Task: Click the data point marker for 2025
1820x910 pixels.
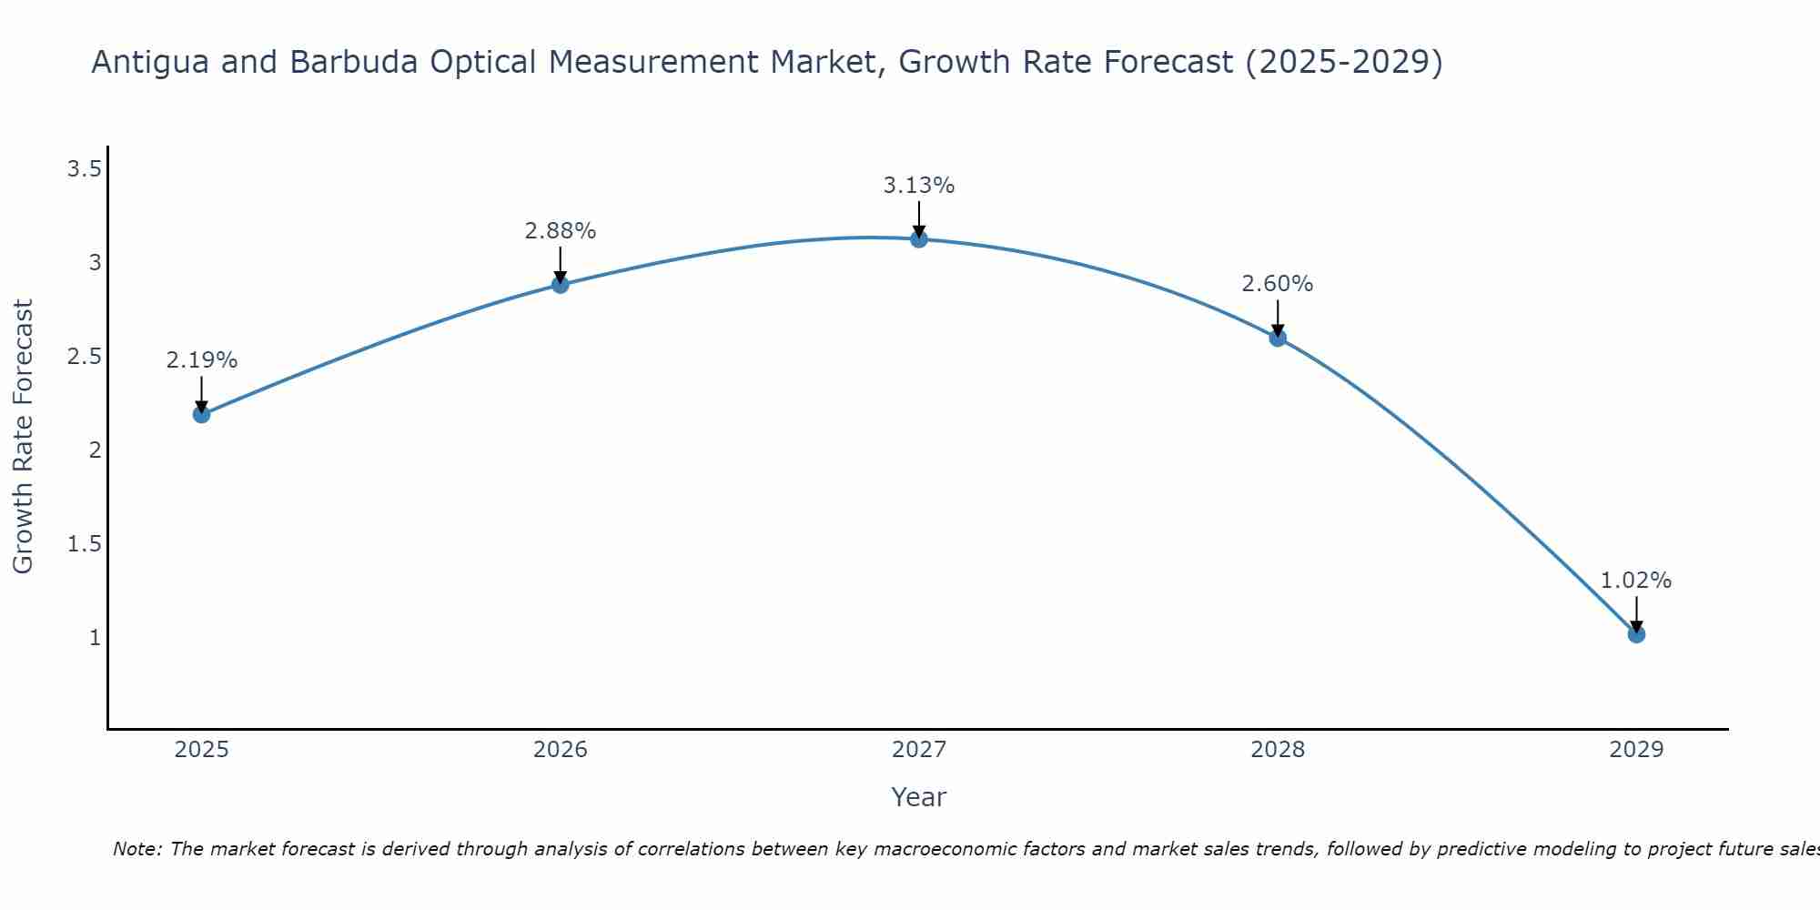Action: (x=202, y=415)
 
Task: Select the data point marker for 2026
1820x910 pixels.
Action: (x=561, y=285)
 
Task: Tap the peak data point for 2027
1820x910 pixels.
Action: (x=919, y=239)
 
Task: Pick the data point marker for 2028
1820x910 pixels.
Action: (x=1278, y=339)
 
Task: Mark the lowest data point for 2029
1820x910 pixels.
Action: (x=1636, y=634)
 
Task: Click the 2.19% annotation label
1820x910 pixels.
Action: (x=202, y=360)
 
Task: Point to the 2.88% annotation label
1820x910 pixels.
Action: (x=561, y=231)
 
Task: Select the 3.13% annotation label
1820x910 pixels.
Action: (x=919, y=186)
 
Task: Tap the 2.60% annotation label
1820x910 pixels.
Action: (x=1278, y=284)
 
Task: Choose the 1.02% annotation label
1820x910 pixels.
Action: (x=1636, y=581)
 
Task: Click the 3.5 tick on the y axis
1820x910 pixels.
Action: (x=84, y=169)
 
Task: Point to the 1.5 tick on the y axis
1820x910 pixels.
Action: (x=84, y=544)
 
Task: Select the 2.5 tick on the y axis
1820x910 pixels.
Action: (x=84, y=357)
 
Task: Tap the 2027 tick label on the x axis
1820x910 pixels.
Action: (x=919, y=750)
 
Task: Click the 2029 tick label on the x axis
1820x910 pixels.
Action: (x=1636, y=750)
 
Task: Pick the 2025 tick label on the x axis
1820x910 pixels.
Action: (x=202, y=750)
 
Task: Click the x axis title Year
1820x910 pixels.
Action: (x=919, y=797)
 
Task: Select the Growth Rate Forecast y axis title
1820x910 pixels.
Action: (x=23, y=437)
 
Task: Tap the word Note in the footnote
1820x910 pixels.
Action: (x=136, y=849)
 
